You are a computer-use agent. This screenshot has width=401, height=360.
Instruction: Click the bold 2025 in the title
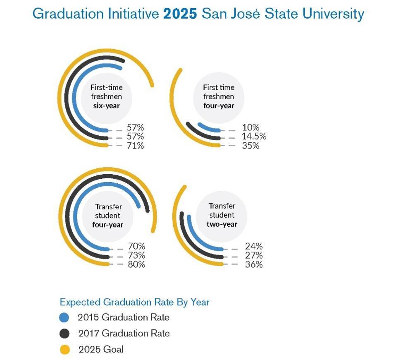[181, 14]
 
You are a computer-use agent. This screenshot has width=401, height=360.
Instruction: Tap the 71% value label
[136, 146]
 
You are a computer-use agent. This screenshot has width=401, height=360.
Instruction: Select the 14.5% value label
[254, 137]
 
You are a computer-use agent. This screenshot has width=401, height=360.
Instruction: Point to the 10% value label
[251, 127]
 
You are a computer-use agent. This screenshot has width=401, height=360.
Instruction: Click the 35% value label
[251, 146]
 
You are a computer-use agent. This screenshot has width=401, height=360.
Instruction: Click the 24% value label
[253, 246]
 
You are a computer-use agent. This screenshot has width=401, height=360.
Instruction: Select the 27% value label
[253, 255]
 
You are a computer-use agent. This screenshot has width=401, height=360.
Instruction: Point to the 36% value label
[253, 264]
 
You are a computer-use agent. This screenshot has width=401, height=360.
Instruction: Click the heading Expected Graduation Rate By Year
[134, 302]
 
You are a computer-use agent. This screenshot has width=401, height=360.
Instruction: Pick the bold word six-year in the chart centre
[106, 106]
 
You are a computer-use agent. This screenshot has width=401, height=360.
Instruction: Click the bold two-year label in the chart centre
[222, 224]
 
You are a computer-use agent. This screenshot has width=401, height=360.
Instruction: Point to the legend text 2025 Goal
[101, 350]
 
